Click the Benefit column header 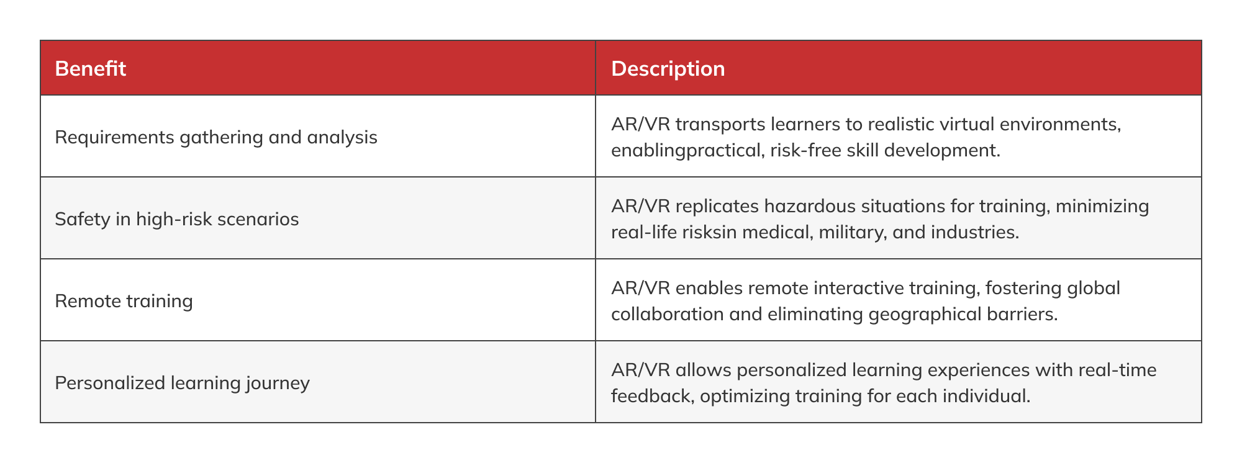coord(91,68)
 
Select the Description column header coord(668,68)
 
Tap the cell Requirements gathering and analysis coord(216,137)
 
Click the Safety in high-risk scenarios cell coord(177,219)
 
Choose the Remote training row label coord(124,301)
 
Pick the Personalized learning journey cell coord(183,383)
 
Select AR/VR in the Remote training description coord(640,288)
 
